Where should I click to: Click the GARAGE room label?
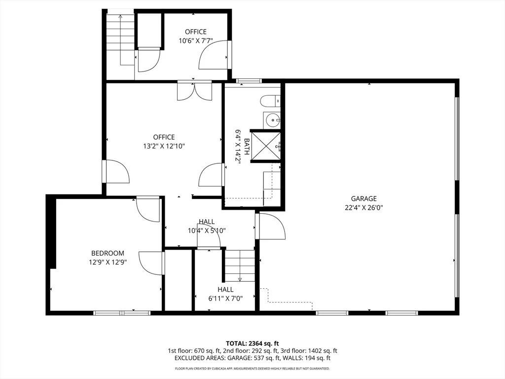coord(363,199)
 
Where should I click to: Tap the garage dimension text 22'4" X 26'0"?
coord(363,208)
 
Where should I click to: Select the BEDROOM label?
coord(108,253)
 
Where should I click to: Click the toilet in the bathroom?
coord(269,101)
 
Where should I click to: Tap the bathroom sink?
coord(272,119)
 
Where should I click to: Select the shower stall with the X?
coord(266,146)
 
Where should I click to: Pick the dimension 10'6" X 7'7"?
coord(196,41)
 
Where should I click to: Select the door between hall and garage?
coord(271,226)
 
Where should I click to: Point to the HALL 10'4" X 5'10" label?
coord(207,226)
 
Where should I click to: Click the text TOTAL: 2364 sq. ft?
coord(252,343)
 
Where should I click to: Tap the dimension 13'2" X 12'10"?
coord(164,146)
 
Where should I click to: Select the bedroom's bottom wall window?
coord(122,312)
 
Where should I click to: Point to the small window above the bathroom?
coord(249,80)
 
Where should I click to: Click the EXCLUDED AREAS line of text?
coord(252,358)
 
